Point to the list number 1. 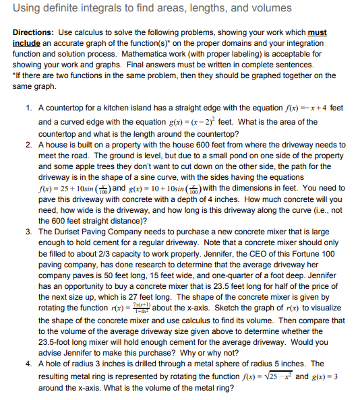pos(29,108)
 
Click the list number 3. pos(29,232)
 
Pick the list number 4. pos(29,364)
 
